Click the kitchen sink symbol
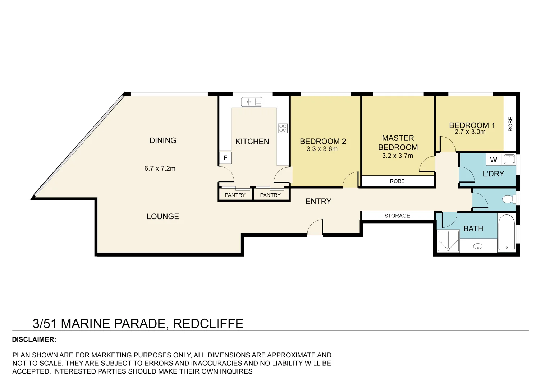[x=251, y=102]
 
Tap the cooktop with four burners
[x=283, y=128]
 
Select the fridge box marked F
[x=225, y=158]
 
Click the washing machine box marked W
[x=493, y=160]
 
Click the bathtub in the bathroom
[x=507, y=232]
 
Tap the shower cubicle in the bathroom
[x=448, y=241]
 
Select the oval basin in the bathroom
[x=478, y=246]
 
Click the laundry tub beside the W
[x=509, y=160]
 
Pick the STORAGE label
[x=397, y=216]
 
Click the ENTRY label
[x=319, y=201]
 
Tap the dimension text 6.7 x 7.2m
[x=160, y=168]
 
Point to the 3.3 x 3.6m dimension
[x=322, y=149]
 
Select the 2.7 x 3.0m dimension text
[x=470, y=132]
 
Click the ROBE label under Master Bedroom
[x=397, y=181]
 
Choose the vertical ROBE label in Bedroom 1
[x=511, y=124]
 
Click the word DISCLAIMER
[x=34, y=339]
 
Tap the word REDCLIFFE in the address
[x=208, y=324]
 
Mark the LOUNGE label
[x=163, y=216]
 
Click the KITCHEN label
[x=252, y=141]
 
